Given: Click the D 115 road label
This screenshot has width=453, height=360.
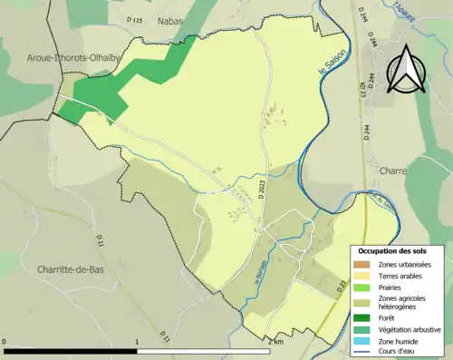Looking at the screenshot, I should coord(135,20).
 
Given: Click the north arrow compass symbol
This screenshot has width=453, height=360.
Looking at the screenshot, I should coord(403,68).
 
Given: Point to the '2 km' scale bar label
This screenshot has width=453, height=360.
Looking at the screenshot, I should coord(275,343).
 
